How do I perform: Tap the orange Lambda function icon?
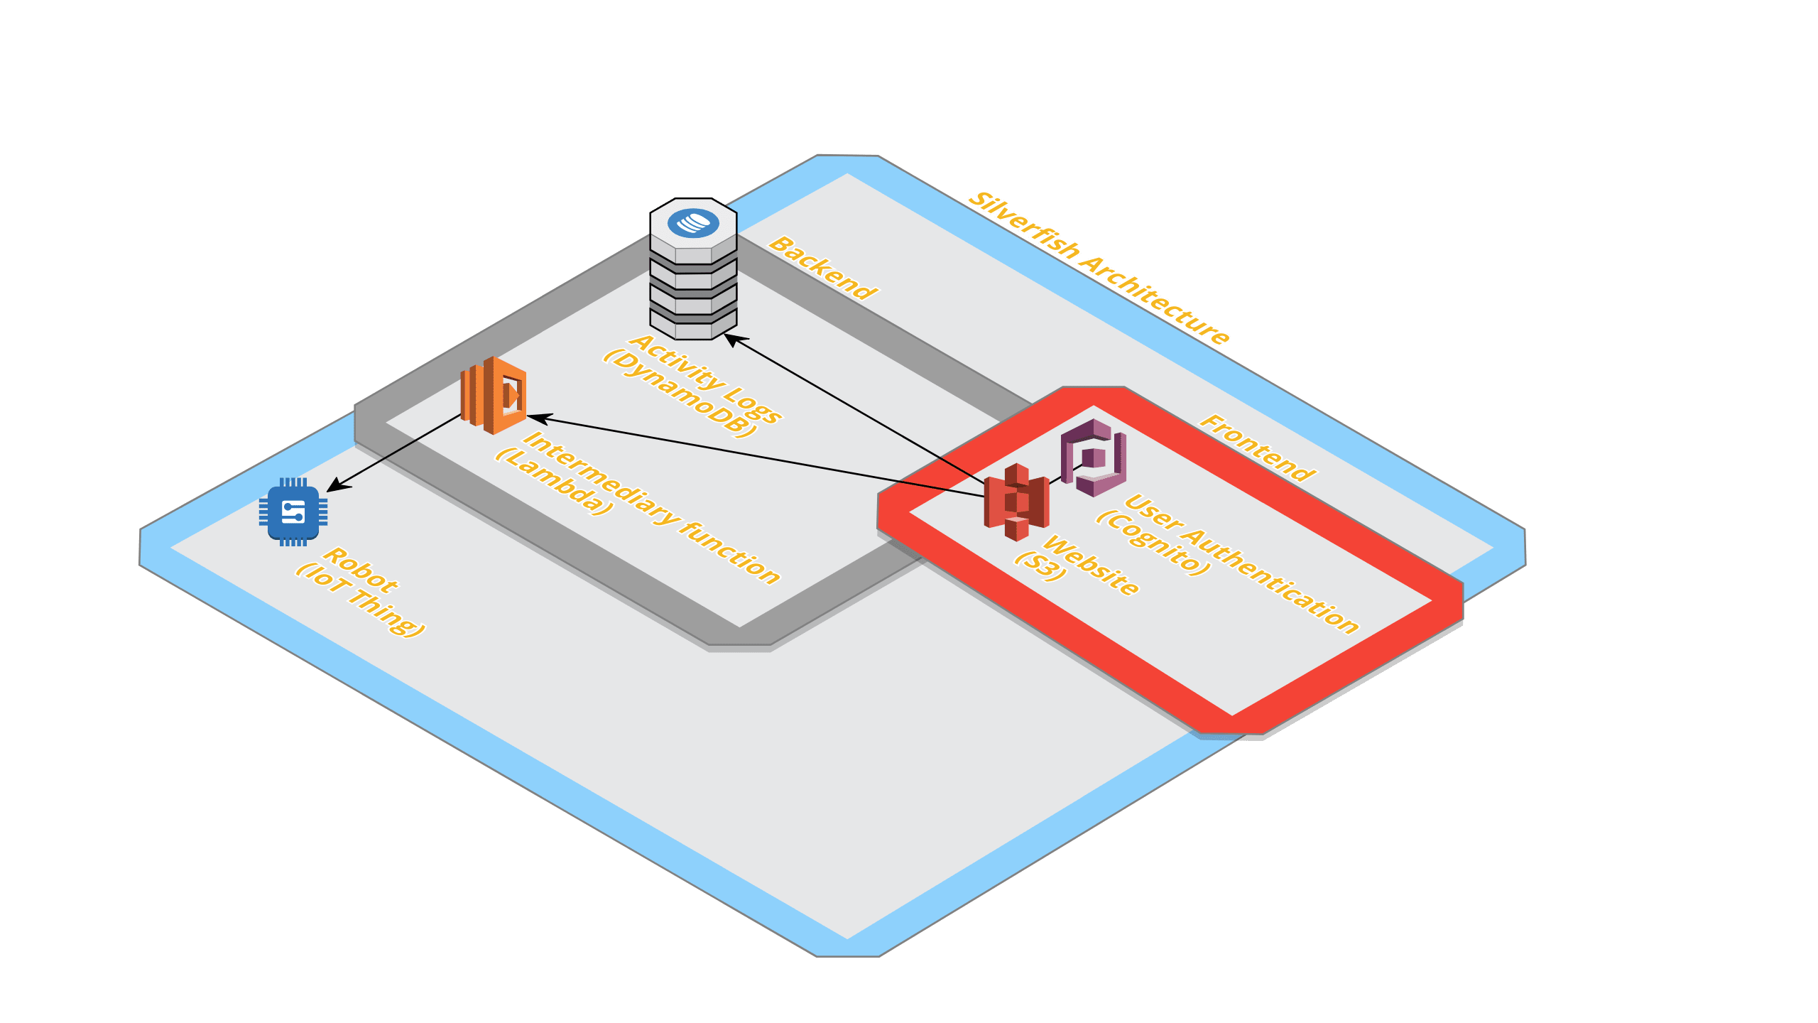click(x=494, y=396)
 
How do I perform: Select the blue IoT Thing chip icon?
click(x=293, y=512)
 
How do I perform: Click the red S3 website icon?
click(x=1016, y=502)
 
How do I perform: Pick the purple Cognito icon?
click(x=1094, y=458)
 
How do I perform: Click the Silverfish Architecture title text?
click(x=1099, y=268)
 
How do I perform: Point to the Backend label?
click(x=823, y=268)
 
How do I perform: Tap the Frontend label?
click(x=1257, y=448)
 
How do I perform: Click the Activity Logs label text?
click(x=706, y=379)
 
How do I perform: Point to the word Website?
click(x=1091, y=565)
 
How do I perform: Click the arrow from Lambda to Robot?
click(x=395, y=453)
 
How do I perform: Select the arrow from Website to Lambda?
click(x=753, y=455)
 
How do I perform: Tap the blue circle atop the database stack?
click(x=693, y=223)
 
